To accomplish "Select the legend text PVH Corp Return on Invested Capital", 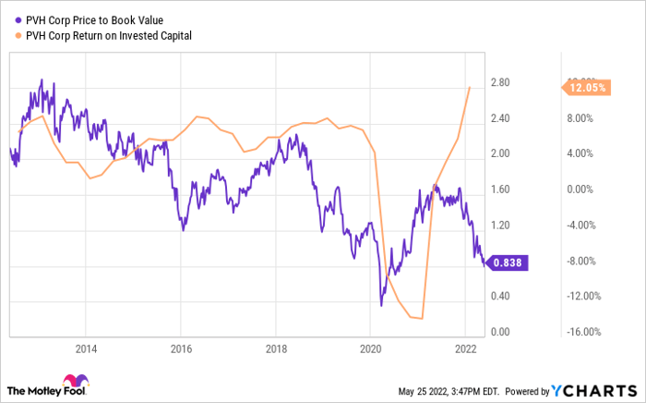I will [x=111, y=36].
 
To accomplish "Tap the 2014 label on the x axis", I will [x=86, y=348].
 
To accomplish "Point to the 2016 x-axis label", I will [x=181, y=348].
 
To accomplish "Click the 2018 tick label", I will [x=275, y=348].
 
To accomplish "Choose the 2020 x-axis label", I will [x=370, y=348].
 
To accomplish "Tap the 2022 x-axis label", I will [x=465, y=348].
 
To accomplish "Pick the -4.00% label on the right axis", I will [x=583, y=225].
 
